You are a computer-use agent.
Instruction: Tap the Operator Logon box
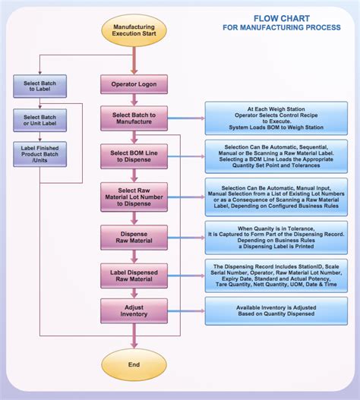click(x=134, y=83)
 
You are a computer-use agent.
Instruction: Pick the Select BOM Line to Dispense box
click(x=134, y=158)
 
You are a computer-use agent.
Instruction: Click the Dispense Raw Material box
click(x=134, y=237)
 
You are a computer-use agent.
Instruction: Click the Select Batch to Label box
click(x=39, y=85)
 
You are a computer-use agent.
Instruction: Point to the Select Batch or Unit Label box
click(x=39, y=121)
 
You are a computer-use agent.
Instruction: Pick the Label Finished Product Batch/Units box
click(x=39, y=154)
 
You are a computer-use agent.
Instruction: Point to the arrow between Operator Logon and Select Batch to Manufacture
click(x=134, y=99)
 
